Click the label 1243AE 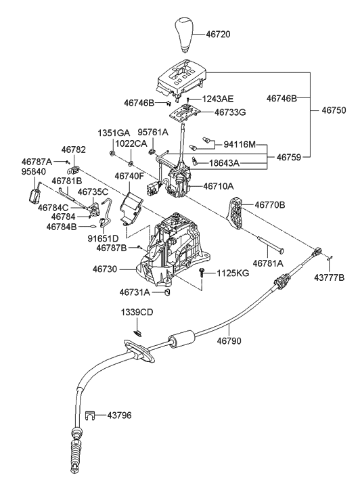[x=219, y=99]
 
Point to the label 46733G [x=231, y=112]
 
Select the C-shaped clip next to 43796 [x=90, y=415]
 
